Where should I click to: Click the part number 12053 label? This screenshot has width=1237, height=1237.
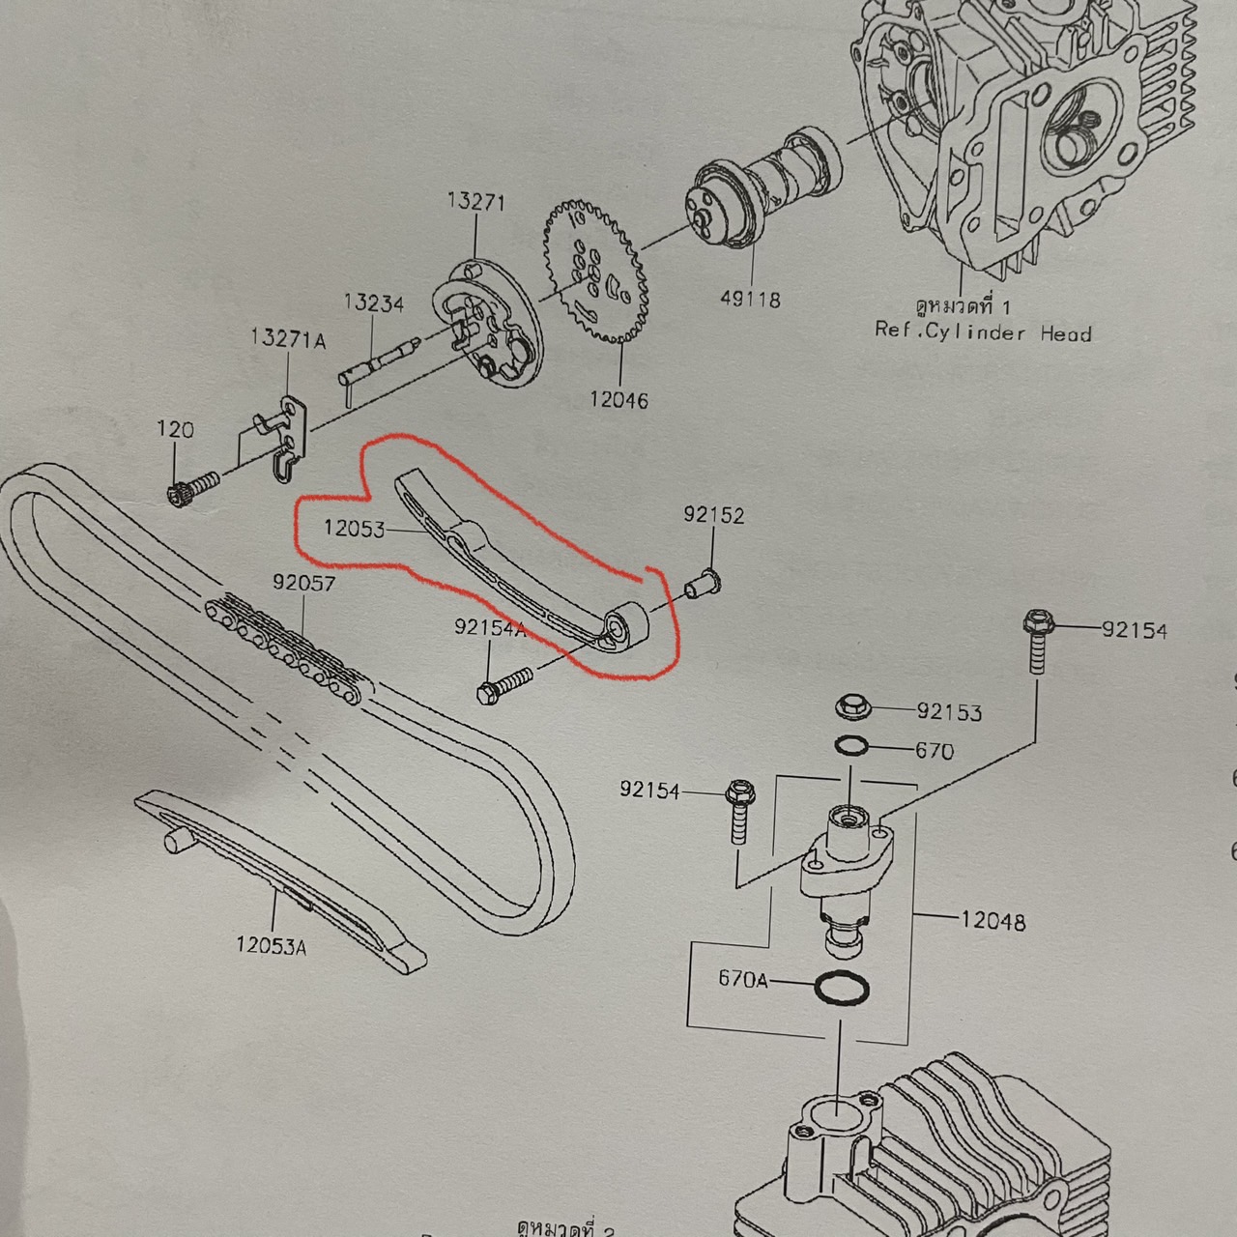[354, 530]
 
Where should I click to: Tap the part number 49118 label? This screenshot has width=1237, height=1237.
[750, 300]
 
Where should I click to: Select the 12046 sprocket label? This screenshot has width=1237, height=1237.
[618, 399]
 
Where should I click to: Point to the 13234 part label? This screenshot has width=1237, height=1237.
[373, 303]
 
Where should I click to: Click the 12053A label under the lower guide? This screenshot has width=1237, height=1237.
[271, 946]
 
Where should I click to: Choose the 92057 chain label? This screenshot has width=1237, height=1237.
[303, 584]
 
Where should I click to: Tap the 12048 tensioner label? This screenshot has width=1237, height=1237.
[992, 921]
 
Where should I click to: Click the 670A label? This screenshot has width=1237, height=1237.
[742, 980]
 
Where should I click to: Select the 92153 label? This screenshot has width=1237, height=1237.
[949, 712]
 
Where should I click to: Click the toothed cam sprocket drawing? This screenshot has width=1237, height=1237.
[591, 275]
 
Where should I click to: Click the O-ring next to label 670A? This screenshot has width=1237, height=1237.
[843, 989]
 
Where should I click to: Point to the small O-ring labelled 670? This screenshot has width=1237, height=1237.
[850, 746]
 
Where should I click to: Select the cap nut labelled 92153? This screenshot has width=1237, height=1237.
[851, 706]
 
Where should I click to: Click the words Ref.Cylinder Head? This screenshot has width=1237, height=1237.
[983, 332]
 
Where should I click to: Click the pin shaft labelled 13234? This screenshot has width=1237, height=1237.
[377, 360]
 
